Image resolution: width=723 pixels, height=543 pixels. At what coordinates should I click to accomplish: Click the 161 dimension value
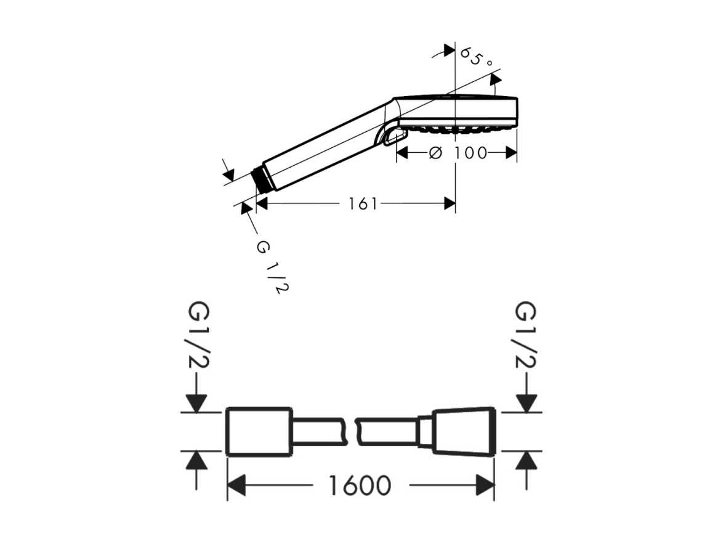click(x=362, y=203)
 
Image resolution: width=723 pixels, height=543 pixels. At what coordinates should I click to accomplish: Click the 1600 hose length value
click(x=360, y=485)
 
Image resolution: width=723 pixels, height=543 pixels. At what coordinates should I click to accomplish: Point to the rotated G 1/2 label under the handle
click(x=272, y=267)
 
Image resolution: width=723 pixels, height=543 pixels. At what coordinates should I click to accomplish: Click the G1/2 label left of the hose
click(x=199, y=335)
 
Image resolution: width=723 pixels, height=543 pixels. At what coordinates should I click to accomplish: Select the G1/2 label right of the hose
click(x=525, y=335)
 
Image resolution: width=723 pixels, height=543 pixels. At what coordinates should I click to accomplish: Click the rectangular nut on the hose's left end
click(x=259, y=432)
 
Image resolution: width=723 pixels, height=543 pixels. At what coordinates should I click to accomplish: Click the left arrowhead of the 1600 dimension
click(x=236, y=486)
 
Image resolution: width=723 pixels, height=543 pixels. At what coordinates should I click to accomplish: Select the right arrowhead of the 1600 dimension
click(x=485, y=486)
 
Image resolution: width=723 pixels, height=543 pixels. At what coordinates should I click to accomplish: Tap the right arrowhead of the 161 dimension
click(x=450, y=203)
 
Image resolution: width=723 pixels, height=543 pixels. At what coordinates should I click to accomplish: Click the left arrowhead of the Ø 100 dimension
click(x=403, y=153)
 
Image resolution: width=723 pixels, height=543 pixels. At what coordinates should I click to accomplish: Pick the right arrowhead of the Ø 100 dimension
click(x=511, y=153)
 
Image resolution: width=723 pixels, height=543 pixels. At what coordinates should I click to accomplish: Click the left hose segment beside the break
click(x=320, y=432)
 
